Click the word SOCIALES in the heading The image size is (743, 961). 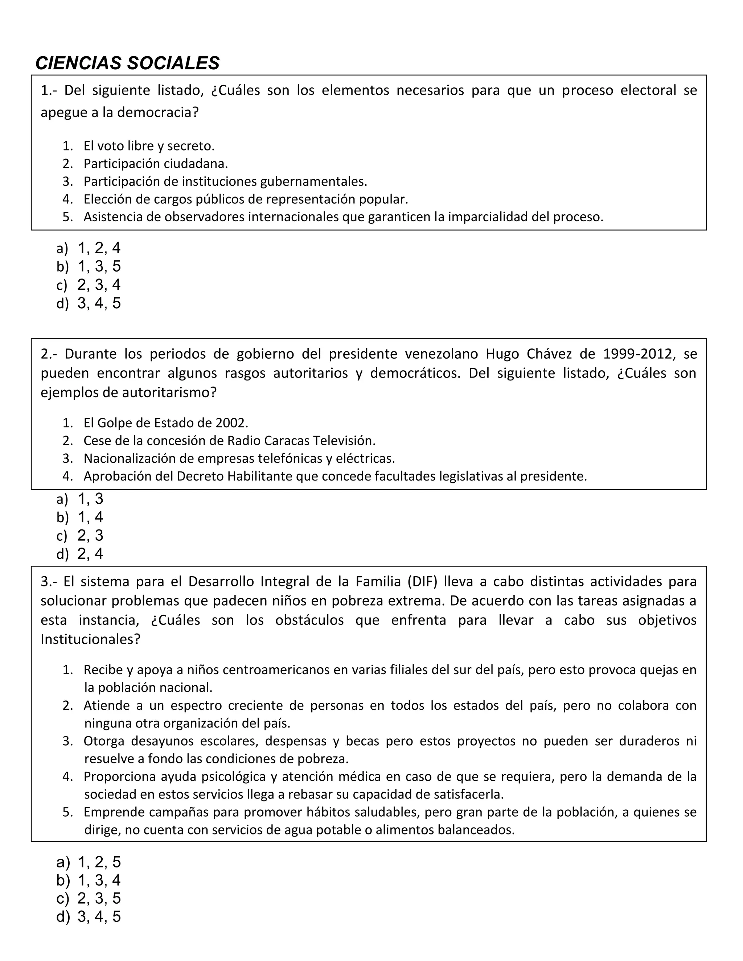(x=173, y=63)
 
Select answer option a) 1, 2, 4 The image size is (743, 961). (x=88, y=248)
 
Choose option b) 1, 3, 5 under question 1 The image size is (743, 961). (x=88, y=267)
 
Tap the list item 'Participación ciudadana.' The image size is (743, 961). (x=156, y=164)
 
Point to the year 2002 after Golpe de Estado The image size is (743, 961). (x=231, y=423)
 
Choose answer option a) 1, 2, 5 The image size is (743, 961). (x=88, y=862)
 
